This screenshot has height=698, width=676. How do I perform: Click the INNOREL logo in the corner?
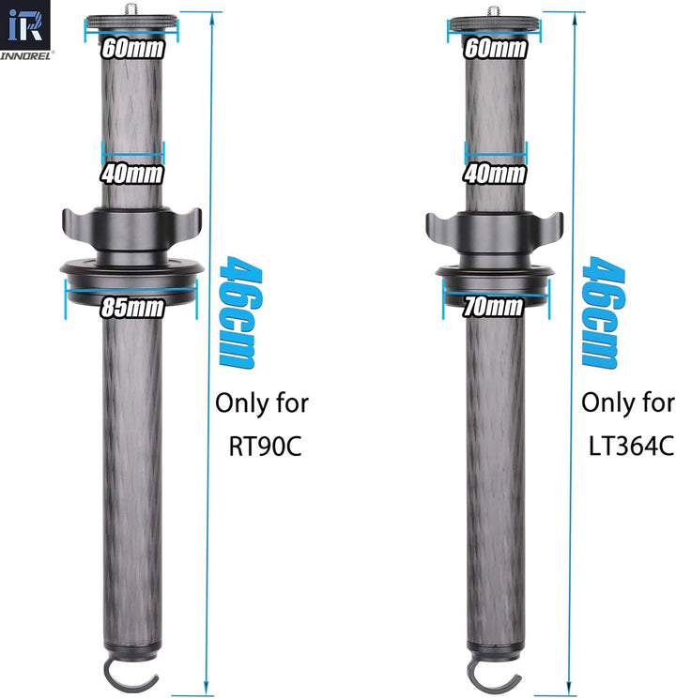pyautogui.click(x=25, y=30)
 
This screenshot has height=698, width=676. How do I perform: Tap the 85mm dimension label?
pyautogui.click(x=131, y=308)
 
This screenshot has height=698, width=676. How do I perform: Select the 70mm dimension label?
pyautogui.click(x=493, y=307)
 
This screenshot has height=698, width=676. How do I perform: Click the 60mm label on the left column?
pyautogui.click(x=132, y=49)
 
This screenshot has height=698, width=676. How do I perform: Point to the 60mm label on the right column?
pyautogui.click(x=496, y=49)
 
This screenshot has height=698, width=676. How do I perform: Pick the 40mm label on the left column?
pyautogui.click(x=131, y=174)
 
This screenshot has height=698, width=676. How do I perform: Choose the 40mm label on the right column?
pyautogui.click(x=495, y=174)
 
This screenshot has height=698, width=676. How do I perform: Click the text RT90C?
pyautogui.click(x=265, y=446)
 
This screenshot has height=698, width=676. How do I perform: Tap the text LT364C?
pyautogui.click(x=631, y=446)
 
